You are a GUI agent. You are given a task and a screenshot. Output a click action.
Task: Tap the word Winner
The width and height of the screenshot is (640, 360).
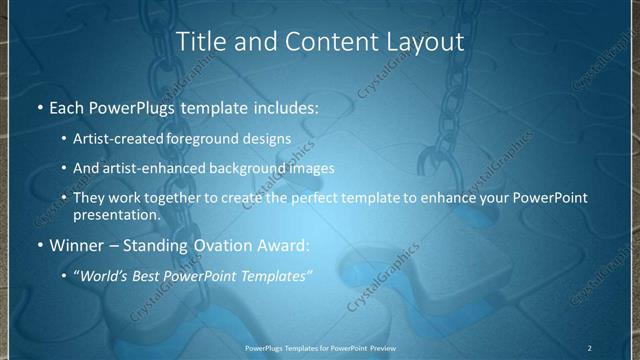point(76,244)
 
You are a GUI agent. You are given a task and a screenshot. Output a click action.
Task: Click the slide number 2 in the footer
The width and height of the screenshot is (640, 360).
point(589,347)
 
